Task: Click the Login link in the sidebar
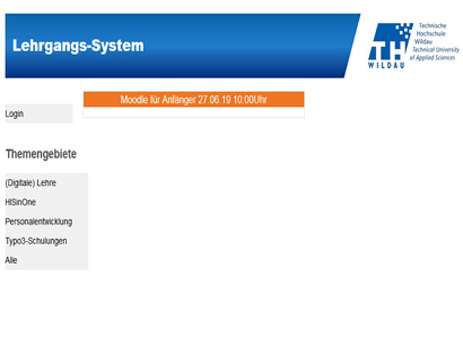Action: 14,114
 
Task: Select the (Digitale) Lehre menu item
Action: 31,183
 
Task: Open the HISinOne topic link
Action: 21,203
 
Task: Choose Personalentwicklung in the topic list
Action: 39,222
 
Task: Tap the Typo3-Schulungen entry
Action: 36,241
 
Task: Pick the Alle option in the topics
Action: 11,260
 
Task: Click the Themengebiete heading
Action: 41,154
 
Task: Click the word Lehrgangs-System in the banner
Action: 78,46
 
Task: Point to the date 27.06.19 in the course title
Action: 214,100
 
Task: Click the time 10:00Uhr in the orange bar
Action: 250,100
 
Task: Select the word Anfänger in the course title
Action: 179,100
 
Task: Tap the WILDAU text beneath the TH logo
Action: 386,65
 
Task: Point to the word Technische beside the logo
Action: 433,26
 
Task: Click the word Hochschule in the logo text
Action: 431,33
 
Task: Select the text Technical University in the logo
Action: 436,50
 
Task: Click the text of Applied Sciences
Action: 432,58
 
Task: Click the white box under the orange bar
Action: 194,112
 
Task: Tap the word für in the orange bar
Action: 155,100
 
